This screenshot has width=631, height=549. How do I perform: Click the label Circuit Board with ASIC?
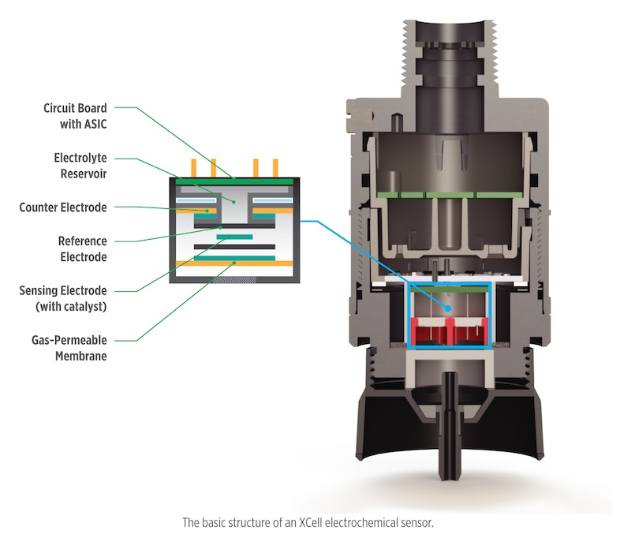point(75,116)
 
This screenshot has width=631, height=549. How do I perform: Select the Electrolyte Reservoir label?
point(80,166)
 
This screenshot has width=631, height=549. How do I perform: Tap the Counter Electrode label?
point(63,207)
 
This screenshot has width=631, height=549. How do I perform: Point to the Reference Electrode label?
point(83,248)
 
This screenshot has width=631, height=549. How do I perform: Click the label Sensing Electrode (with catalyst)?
point(63,298)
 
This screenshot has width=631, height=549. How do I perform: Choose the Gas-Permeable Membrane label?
point(69,348)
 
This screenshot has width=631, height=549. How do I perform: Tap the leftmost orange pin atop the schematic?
point(193,168)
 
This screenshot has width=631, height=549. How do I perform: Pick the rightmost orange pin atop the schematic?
point(275,168)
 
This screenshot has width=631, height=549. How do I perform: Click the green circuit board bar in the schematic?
point(234,182)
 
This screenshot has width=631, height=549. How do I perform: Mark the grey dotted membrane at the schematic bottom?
point(234,279)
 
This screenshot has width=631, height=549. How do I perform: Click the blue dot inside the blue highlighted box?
point(448,308)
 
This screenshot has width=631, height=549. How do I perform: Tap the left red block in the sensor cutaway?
point(428,331)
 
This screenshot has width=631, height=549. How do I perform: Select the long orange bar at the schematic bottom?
point(234,263)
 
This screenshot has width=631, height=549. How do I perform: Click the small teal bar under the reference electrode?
point(234,237)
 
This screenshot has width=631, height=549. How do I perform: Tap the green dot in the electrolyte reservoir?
point(233,201)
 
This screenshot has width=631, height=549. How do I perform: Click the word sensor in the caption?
point(417,522)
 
